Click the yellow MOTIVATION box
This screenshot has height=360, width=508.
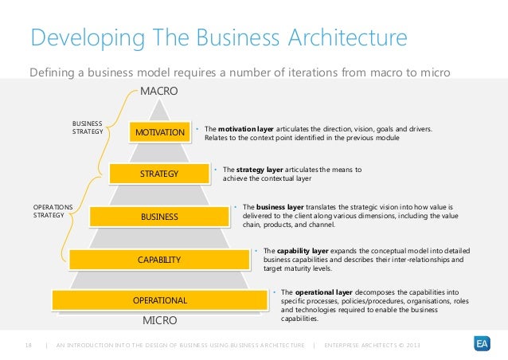coord(160,131)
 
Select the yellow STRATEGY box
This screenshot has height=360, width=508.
coord(160,173)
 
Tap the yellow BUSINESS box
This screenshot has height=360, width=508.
coord(160,216)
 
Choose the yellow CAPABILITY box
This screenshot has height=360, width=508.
coord(160,259)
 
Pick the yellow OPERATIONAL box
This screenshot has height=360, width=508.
coord(160,300)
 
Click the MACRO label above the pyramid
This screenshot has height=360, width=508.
coord(159,92)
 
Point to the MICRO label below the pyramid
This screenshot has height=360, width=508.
coord(159,321)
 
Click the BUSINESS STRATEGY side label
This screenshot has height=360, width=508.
coord(87,127)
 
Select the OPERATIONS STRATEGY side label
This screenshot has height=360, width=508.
coord(53,210)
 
